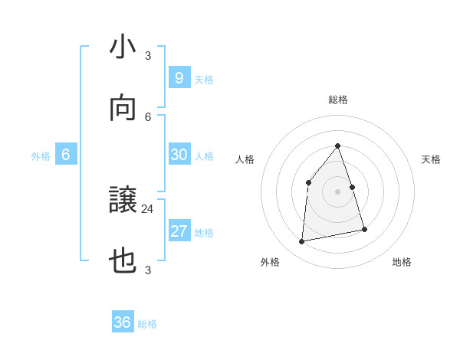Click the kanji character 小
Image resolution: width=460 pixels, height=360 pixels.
[123, 48]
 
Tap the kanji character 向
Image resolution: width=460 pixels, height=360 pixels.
[123, 110]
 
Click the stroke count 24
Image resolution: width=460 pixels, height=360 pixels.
[148, 208]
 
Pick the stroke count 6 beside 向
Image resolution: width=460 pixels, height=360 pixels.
[148, 116]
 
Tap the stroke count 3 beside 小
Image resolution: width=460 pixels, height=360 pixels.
[148, 55]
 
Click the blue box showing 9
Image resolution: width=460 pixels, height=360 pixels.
[179, 77]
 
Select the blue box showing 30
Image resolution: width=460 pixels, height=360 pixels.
[179, 155]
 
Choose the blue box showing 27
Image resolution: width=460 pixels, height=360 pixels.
[179, 231]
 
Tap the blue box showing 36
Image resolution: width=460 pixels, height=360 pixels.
[123, 322]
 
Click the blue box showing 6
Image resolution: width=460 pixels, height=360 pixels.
[66, 155]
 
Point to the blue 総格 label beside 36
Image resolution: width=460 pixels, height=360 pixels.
[148, 324]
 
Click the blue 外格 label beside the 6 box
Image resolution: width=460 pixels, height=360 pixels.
[41, 156]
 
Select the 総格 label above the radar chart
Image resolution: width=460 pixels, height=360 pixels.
[338, 100]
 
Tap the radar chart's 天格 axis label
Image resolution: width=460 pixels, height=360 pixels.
[432, 159]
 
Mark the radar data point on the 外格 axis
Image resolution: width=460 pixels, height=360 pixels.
[302, 242]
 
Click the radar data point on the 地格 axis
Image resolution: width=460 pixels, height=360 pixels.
[364, 229]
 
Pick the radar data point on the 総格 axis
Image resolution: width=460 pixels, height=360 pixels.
[338, 146]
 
